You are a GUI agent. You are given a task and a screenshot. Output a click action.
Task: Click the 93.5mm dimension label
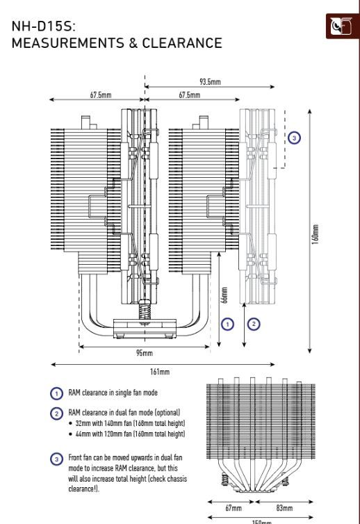(211, 81)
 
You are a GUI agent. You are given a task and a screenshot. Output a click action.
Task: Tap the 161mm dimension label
(160, 371)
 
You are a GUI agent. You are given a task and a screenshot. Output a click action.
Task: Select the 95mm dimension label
(145, 353)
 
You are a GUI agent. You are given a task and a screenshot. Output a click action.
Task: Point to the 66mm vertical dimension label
(224, 295)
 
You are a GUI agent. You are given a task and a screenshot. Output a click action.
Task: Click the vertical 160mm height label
(316, 234)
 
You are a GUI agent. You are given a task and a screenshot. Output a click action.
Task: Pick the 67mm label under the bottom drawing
(233, 508)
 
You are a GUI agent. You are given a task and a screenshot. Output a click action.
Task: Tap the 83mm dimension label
(284, 508)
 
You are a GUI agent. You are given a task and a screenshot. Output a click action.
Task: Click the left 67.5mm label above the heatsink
(101, 95)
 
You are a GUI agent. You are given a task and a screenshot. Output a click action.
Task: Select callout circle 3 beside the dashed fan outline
(294, 138)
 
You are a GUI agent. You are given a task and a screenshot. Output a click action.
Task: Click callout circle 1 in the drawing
(228, 324)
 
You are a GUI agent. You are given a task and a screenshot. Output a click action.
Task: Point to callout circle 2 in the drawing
(254, 324)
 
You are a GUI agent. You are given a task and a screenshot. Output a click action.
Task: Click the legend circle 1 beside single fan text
(56, 393)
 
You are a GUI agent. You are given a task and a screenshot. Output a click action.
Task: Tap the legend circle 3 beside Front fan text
(56, 459)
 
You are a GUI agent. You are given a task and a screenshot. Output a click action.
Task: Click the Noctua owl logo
(341, 26)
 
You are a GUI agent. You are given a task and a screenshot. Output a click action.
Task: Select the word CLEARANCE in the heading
(182, 43)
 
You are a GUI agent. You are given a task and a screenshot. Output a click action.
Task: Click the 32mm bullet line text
(131, 423)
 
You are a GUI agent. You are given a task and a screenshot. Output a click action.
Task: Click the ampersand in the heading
(133, 43)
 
